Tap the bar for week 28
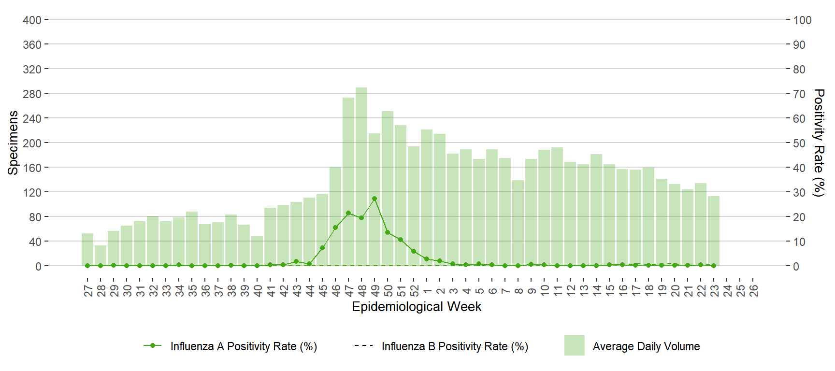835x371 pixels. point(101,256)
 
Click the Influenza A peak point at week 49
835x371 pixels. point(374,199)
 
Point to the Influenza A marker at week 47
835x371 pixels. point(348,213)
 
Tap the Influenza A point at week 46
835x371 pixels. point(335,228)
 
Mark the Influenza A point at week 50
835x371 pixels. point(388,232)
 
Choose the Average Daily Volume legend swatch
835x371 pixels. point(575,345)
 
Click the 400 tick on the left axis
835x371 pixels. point(32,20)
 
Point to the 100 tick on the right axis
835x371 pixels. point(802,20)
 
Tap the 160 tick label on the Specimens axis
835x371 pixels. point(32,168)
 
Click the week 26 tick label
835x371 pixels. point(753,290)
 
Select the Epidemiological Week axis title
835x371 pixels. point(417,307)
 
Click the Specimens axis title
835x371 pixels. point(13,143)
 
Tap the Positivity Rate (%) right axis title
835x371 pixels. point(819,143)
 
